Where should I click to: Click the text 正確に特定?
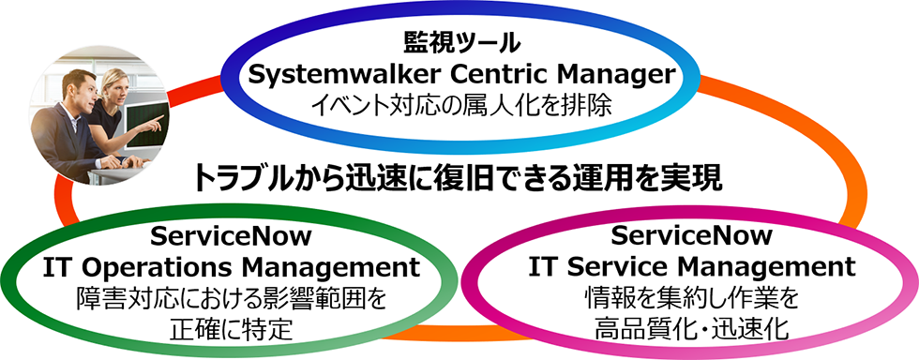click(232, 328)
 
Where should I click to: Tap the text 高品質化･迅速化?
click(692, 328)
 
